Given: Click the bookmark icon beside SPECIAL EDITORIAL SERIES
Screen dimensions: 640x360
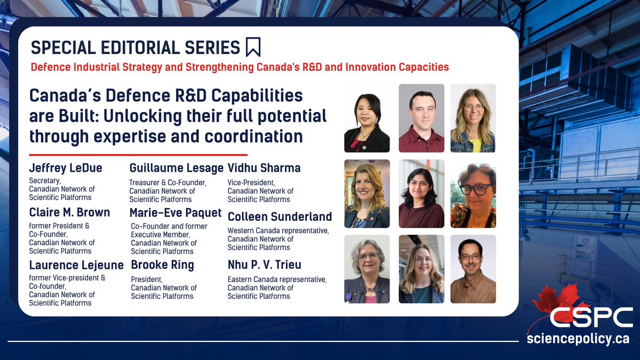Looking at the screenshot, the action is coord(253,47).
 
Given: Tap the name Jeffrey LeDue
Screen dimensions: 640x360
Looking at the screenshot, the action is coord(66,167).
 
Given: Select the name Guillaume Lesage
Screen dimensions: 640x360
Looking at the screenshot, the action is coord(177,168).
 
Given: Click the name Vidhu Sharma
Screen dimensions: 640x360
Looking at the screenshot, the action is coord(264,167).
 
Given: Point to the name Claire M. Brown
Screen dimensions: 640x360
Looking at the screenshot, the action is coord(69,212).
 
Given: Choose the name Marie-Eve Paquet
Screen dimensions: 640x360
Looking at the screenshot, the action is coord(175,213).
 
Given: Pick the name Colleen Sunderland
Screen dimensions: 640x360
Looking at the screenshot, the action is coord(279,217).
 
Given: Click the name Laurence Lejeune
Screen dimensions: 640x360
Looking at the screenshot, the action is coord(76,265).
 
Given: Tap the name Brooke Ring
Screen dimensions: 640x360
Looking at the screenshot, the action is coord(162,265).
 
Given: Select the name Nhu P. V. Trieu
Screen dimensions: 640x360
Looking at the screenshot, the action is coord(265,265).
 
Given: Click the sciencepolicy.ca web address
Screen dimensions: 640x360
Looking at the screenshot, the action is coord(578,339).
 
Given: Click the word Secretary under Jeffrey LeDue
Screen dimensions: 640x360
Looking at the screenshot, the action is coord(45,181).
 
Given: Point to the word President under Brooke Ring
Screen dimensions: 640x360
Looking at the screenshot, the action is coord(147,279).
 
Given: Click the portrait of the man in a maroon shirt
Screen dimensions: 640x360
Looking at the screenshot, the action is coord(421,118).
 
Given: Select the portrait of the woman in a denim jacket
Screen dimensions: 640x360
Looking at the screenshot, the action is coord(473,118).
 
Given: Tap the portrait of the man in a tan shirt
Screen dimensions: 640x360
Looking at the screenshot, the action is coord(473,269).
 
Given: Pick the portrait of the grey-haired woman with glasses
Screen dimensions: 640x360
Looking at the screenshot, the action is coord(367,269).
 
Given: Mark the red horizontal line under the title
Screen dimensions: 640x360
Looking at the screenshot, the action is coord(138,155).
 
